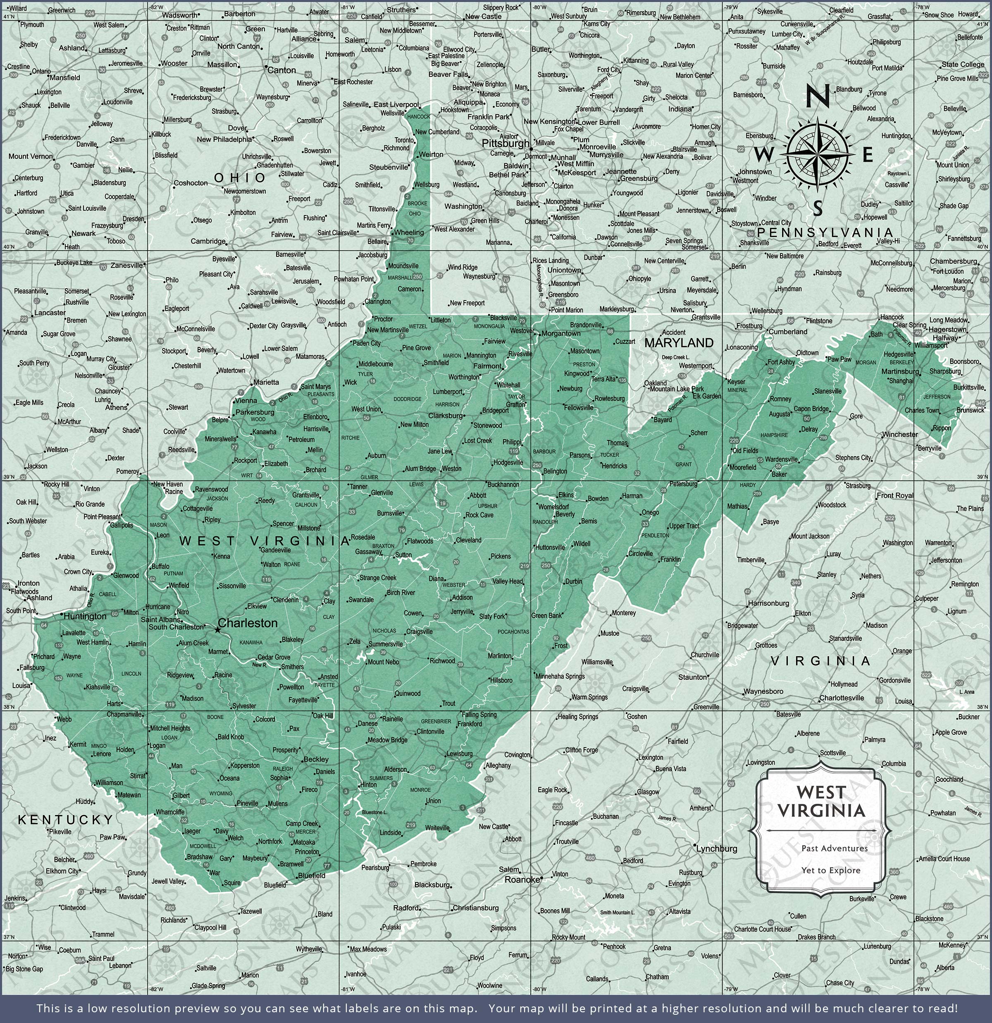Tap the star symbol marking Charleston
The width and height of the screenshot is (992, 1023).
(x=217, y=631)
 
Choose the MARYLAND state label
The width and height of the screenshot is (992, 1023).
(x=678, y=343)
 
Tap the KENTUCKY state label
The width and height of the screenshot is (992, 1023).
(x=66, y=820)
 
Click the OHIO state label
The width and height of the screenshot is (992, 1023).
(x=240, y=178)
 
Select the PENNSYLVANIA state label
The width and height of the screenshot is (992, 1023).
(x=825, y=232)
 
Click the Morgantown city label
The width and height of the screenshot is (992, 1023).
(x=561, y=333)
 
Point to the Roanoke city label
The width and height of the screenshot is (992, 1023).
(x=522, y=880)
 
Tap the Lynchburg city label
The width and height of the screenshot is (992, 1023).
(x=717, y=849)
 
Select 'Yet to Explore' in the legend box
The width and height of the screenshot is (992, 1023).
(x=831, y=870)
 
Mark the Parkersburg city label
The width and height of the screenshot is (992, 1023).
(x=255, y=412)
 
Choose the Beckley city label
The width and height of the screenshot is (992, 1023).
(x=316, y=760)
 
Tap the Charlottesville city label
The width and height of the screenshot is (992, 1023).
(x=841, y=698)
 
